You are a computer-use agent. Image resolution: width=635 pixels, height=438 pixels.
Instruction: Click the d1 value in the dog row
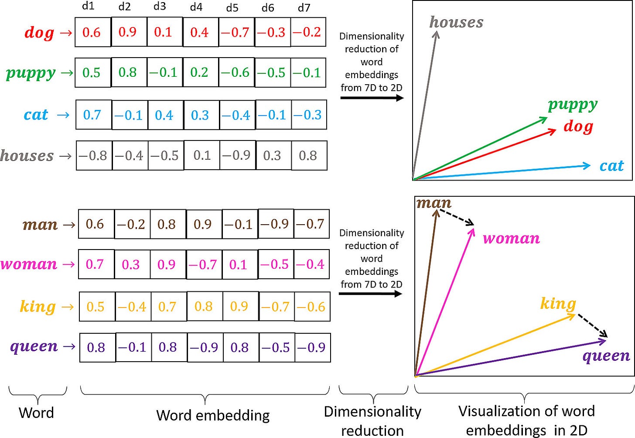(x=92, y=32)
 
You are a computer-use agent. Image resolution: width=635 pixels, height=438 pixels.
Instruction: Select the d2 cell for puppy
(x=127, y=72)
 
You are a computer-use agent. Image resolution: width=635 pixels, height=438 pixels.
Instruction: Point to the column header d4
(x=196, y=7)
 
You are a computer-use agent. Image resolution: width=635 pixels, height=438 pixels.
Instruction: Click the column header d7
(x=304, y=7)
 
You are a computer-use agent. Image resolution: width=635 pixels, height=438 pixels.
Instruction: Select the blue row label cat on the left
(x=36, y=115)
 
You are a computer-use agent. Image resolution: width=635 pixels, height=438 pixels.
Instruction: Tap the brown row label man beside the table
(x=40, y=224)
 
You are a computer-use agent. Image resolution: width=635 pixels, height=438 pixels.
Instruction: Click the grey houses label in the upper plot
(x=457, y=22)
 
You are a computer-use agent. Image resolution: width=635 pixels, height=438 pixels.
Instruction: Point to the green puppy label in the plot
(x=573, y=105)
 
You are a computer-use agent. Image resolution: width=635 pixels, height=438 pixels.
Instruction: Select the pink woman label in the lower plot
(x=511, y=239)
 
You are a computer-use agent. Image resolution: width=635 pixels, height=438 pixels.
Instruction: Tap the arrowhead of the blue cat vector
(x=587, y=165)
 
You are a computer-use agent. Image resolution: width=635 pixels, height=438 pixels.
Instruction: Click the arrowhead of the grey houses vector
(x=435, y=34)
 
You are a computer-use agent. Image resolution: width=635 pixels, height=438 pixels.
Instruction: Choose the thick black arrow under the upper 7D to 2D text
(x=372, y=98)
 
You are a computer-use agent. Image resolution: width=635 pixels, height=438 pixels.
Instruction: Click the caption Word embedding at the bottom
(x=213, y=415)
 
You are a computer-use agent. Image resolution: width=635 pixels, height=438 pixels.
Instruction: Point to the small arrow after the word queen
(x=69, y=347)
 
